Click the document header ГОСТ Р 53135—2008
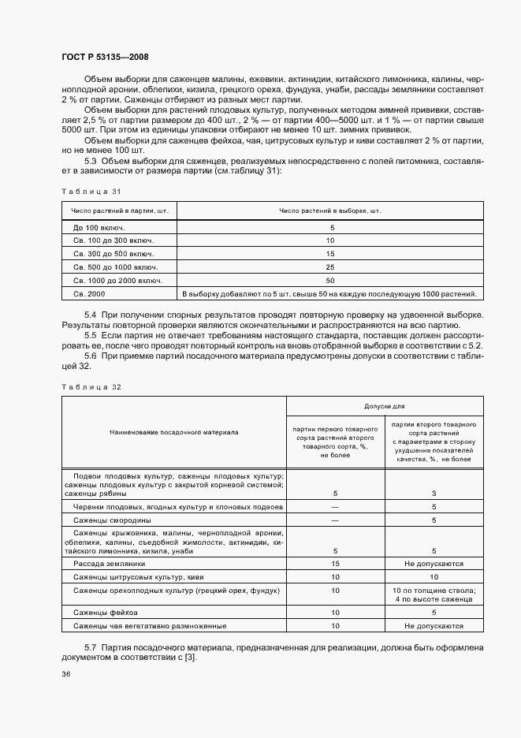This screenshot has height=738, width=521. pyautogui.click(x=104, y=58)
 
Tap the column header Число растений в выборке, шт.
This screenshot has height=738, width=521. pyautogui.click(x=329, y=211)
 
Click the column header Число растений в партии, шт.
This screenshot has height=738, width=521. pyautogui.click(x=120, y=211)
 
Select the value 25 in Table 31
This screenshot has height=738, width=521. pyautogui.click(x=329, y=267)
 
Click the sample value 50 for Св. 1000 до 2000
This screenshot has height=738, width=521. pyautogui.click(x=329, y=281)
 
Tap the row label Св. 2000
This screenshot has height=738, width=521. pyautogui.click(x=90, y=294)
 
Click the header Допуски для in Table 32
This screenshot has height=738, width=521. pyautogui.click(x=384, y=406)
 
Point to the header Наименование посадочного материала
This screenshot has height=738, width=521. pyautogui.click(x=173, y=432)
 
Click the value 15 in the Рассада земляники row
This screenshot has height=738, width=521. pyautogui.click(x=335, y=565)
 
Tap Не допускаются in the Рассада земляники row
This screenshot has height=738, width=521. pyautogui.click(x=433, y=565)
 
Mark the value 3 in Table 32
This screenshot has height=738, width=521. pyautogui.click(x=433, y=494)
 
